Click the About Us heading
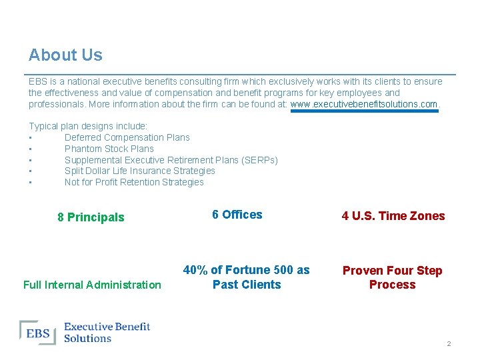click(x=65, y=55)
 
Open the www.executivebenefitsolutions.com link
click(x=364, y=104)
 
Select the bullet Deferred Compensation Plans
click(x=127, y=137)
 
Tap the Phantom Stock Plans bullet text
click(x=109, y=149)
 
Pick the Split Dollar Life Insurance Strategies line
click(x=139, y=171)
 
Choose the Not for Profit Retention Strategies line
click(x=134, y=182)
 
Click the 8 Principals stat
click(x=91, y=217)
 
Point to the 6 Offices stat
click(x=237, y=215)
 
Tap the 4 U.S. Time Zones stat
click(x=393, y=216)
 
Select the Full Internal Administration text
click(x=92, y=285)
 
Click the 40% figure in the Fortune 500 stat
click(x=195, y=270)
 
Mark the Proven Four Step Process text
click(x=392, y=277)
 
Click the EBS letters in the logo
click(x=39, y=333)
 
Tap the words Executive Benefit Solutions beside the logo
click(x=107, y=332)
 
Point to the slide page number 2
click(x=449, y=344)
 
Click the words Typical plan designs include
click(x=88, y=126)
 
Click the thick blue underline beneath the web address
click(x=364, y=111)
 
